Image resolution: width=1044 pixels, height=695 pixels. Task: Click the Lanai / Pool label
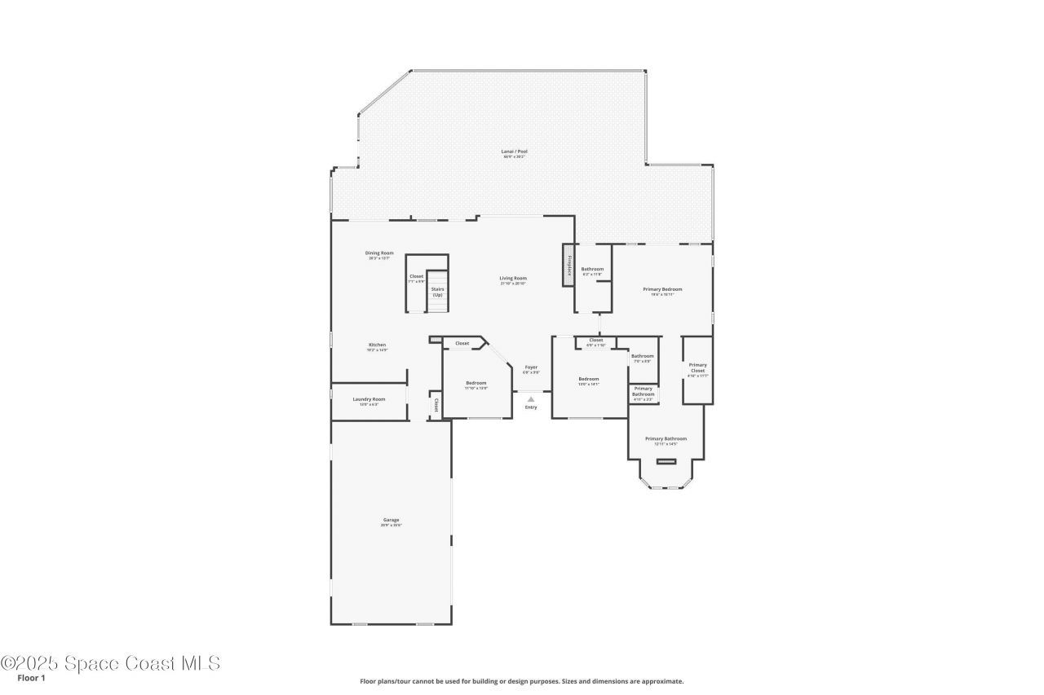click(514, 152)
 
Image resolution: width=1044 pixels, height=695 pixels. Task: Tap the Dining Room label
click(379, 253)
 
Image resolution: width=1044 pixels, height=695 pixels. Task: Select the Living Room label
click(513, 279)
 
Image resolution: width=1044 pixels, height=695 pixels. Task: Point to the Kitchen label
click(377, 345)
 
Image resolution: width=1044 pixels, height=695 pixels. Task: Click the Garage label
click(391, 520)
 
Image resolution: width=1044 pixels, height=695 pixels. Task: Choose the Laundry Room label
click(369, 399)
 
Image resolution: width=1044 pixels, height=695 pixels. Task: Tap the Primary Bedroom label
click(662, 289)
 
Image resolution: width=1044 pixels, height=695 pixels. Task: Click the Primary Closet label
click(697, 367)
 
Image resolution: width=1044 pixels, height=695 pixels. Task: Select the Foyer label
click(531, 367)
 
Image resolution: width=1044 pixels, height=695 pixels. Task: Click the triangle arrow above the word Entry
click(531, 399)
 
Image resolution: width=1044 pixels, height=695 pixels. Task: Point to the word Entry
click(531, 407)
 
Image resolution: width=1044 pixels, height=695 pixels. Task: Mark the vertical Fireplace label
click(568, 266)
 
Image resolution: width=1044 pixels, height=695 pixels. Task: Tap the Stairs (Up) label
click(438, 291)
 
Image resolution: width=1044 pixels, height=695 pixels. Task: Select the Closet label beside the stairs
click(417, 277)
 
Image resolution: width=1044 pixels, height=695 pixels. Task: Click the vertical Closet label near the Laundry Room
click(436, 404)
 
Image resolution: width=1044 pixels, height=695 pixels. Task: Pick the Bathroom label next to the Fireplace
click(592, 270)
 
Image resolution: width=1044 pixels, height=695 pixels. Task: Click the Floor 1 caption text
click(31, 677)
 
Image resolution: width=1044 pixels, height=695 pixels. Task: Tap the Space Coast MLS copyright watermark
click(110, 663)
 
